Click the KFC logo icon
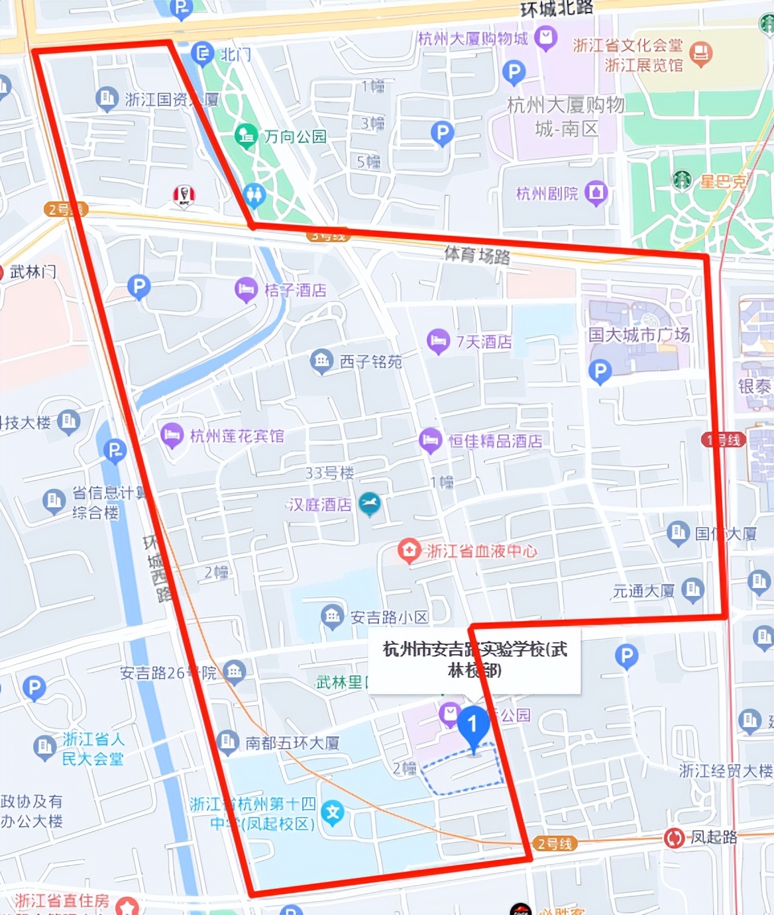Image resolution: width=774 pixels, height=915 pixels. coord(184,195)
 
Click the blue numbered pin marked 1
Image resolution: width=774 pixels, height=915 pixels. coord(473,724)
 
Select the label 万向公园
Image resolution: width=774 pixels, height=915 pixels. coord(296,136)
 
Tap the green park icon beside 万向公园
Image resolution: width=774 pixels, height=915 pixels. coord(247,136)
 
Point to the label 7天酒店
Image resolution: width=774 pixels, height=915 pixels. coord(484,342)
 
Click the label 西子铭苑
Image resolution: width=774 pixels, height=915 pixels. coord(370,361)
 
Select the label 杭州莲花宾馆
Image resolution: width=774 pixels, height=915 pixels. coord(237,436)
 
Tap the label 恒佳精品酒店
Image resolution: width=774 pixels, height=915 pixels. coord(495,441)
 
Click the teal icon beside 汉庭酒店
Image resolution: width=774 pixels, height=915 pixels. coord(370,504)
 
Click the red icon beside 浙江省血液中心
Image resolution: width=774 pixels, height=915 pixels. coord(409,550)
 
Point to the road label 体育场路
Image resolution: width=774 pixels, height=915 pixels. coord(477,254)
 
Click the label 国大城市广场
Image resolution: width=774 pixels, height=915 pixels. coord(639,334)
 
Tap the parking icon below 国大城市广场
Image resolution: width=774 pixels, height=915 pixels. coord(600,371)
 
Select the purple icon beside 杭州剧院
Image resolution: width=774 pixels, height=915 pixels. coord(596,193)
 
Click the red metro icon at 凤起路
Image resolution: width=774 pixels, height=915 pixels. coord(674,838)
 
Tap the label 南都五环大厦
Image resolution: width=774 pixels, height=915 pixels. coord(292,743)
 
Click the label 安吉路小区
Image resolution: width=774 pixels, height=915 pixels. coord(389,618)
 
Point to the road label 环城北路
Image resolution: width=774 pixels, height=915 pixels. coord(557,9)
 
